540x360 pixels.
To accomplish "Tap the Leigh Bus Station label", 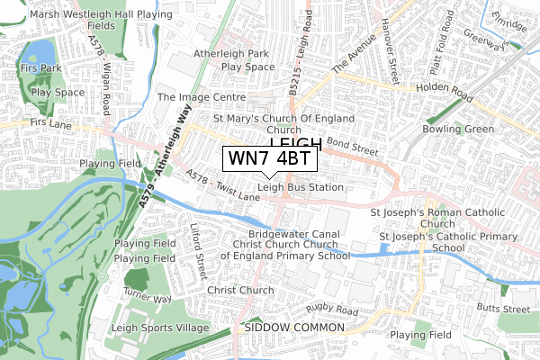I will click(x=301, y=187).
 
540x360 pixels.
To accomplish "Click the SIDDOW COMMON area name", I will click(x=293, y=328).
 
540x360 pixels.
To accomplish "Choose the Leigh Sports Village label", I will click(x=159, y=328).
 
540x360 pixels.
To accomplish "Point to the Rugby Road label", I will click(x=332, y=311).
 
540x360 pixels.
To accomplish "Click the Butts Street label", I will click(x=503, y=308).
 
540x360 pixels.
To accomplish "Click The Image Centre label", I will click(x=202, y=96).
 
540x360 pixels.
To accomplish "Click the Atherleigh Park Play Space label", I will click(x=233, y=59).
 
